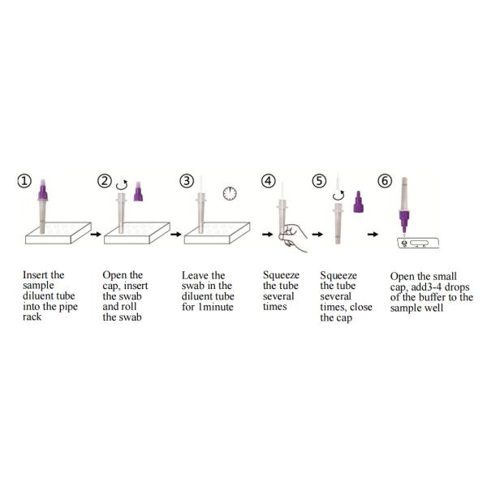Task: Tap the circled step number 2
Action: pyautogui.click(x=104, y=181)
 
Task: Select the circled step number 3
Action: pyautogui.click(x=187, y=181)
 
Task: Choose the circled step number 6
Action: pyautogui.click(x=384, y=181)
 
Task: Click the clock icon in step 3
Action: pyautogui.click(x=229, y=194)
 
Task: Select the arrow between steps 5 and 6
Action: pyautogui.click(x=372, y=234)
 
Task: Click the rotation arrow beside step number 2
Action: pyautogui.click(x=123, y=183)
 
